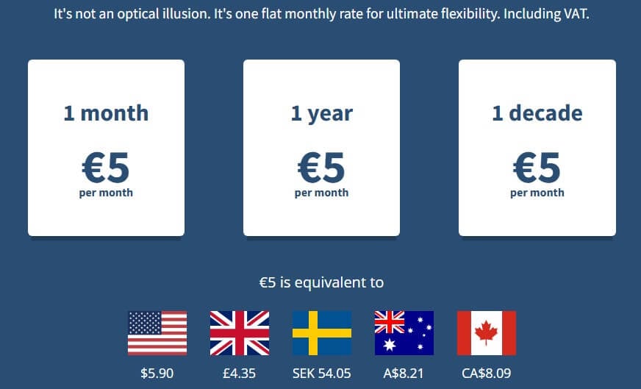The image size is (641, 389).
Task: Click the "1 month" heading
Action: click(106, 113)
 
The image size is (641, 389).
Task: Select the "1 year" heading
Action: click(321, 113)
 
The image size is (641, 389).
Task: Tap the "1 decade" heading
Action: click(537, 113)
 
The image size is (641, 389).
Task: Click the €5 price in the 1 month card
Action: click(106, 168)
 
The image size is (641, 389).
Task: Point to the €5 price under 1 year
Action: click(321, 168)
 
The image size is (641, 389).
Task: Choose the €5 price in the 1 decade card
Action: click(537, 168)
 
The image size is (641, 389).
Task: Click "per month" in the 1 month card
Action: click(106, 193)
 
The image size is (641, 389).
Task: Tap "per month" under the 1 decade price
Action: click(537, 193)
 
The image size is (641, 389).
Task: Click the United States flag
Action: click(157, 333)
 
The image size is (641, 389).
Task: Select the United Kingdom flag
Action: click(240, 333)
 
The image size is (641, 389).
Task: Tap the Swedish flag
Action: click(322, 333)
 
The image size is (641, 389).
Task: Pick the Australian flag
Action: click(404, 333)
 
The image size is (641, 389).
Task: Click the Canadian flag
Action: click(487, 333)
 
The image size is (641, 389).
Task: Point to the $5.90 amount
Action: click(157, 373)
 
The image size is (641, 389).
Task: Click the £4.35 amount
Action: click(240, 373)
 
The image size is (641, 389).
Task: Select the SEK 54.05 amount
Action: click(322, 373)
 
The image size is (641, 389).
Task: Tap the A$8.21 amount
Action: click(404, 373)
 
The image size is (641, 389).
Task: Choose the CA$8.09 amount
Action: click(487, 373)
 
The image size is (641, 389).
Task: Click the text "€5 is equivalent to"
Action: click(321, 282)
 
